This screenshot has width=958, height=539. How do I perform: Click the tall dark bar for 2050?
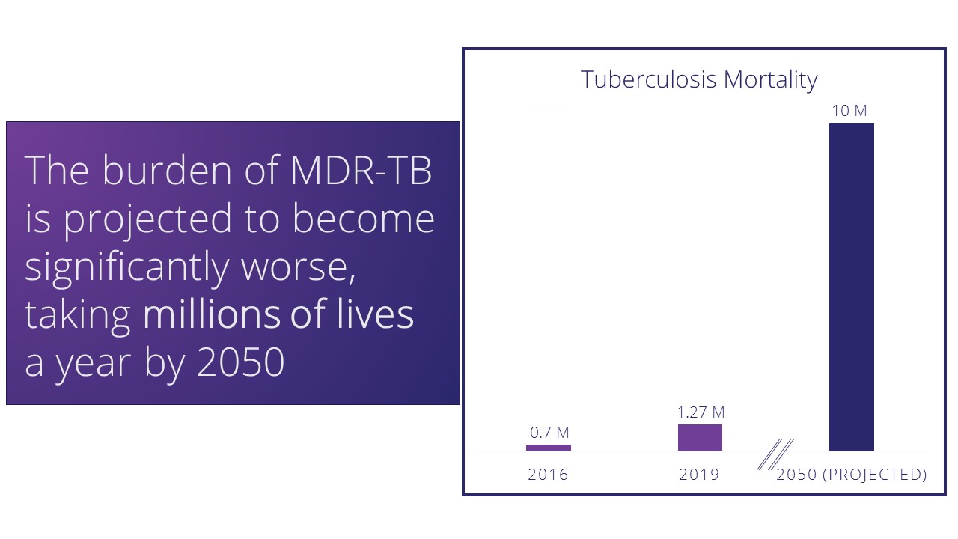pos(852,287)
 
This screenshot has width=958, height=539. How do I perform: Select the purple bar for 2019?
pos(700,438)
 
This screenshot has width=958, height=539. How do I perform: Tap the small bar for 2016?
pos(548,448)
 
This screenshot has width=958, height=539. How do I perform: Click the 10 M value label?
pos(849,111)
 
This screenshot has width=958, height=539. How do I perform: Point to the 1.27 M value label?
pos(701,412)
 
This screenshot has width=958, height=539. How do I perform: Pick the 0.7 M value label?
pos(549,433)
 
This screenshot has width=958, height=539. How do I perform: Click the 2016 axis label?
pos(548,475)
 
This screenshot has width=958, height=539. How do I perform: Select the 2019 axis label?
pos(699,475)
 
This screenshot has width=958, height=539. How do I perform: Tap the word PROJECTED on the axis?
pos(874,475)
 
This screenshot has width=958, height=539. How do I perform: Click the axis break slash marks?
pos(775,455)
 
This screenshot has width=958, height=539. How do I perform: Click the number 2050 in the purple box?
pos(240,363)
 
